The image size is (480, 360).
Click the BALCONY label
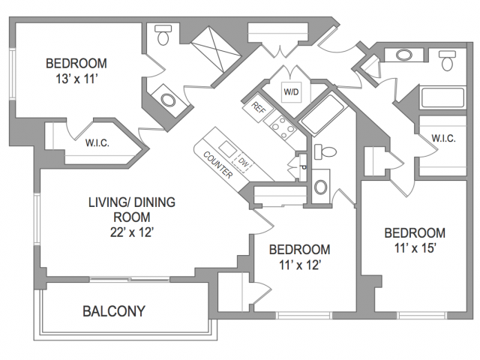pyautogui.click(x=114, y=311)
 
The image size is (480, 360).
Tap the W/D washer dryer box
pyautogui.click(x=291, y=91)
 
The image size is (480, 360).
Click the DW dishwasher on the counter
pyautogui.click(x=243, y=162)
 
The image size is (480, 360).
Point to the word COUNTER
pyautogui.click(x=218, y=165)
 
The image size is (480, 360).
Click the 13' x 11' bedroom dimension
pyautogui.click(x=76, y=79)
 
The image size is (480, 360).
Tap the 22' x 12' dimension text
pyautogui.click(x=132, y=232)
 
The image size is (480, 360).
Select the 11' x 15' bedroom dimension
pyautogui.click(x=415, y=248)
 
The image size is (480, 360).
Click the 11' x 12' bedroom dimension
pyautogui.click(x=300, y=265)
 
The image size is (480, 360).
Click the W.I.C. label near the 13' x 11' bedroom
pyautogui.click(x=97, y=143)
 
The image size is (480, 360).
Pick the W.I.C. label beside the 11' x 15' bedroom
pyautogui.click(x=443, y=138)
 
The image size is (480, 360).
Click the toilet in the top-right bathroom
pyautogui.click(x=447, y=61)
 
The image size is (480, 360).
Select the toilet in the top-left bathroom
pyautogui.click(x=163, y=35)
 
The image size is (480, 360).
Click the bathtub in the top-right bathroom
pyautogui.click(x=443, y=97)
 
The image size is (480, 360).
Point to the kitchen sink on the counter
pyautogui.click(x=228, y=148)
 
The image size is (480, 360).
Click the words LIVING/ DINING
pyautogui.click(x=132, y=202)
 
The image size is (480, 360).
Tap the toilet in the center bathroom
pyautogui.click(x=325, y=151)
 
